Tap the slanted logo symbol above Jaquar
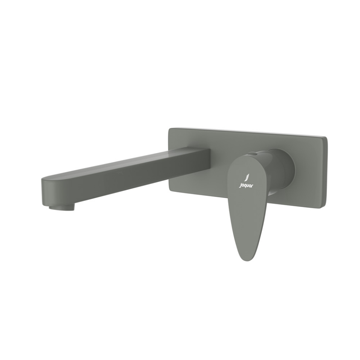[x=246, y=177]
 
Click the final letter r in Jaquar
[x=252, y=185]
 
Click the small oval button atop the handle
[x=256, y=153]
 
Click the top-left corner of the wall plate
[x=169, y=129]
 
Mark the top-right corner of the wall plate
[x=325, y=138]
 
